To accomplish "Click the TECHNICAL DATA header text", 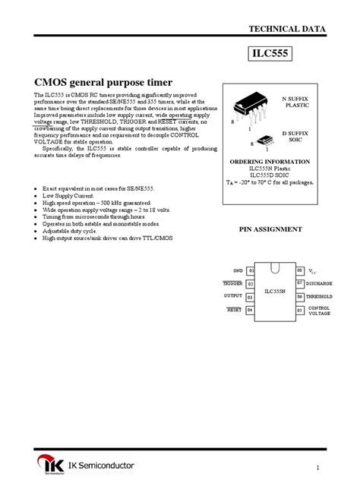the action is [x=287, y=28].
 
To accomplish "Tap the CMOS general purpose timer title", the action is [x=103, y=81].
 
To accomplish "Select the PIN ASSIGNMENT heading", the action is [x=271, y=229].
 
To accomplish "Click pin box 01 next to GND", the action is [x=251, y=270].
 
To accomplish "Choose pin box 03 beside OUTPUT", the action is [x=251, y=296].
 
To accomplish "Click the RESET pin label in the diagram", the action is [x=233, y=309].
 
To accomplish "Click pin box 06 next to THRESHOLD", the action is [x=300, y=296].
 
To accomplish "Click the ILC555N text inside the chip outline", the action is [x=275, y=290].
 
